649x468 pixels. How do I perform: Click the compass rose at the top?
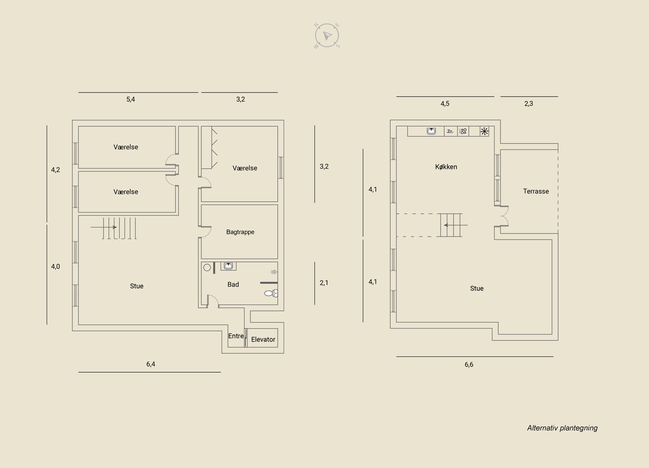[327, 36]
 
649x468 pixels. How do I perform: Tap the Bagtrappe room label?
[240, 232]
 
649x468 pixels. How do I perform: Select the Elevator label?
[263, 339]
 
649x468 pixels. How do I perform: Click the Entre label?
[236, 336]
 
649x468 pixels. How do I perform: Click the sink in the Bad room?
[228, 266]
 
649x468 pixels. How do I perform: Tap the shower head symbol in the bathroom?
[274, 272]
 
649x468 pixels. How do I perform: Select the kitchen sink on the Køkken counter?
[431, 131]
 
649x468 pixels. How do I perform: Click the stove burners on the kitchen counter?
[463, 131]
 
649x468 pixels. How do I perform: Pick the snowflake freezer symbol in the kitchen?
[484, 131]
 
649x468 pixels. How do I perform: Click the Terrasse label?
[536, 191]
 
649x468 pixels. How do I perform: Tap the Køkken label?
[446, 167]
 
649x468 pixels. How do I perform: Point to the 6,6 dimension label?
[469, 364]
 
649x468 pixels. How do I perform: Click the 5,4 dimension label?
[130, 99]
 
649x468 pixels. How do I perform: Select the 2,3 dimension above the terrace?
[529, 103]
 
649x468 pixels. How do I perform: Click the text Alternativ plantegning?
[562, 428]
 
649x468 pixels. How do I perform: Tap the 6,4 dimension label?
[150, 364]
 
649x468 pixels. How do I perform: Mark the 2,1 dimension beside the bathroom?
[324, 282]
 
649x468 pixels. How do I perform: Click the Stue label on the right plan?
[477, 288]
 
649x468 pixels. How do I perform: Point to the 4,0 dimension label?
[55, 266]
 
